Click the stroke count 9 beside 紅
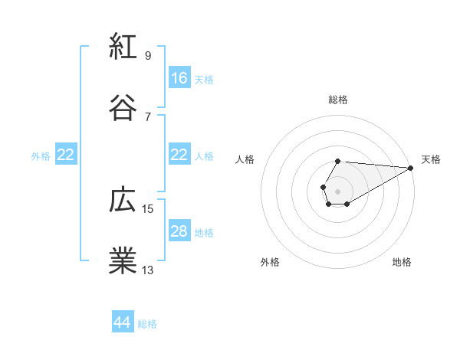point(147,55)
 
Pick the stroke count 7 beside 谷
point(147,116)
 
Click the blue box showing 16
point(179,78)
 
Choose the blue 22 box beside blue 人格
point(179,155)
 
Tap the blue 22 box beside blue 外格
point(66,155)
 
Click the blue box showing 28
point(179,232)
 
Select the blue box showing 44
point(123,323)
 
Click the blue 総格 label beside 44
point(147,324)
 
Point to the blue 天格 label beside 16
point(204,79)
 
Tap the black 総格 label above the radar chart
point(338,100)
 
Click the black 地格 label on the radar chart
point(402,262)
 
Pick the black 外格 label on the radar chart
point(270,262)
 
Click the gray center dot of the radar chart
point(337,191)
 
